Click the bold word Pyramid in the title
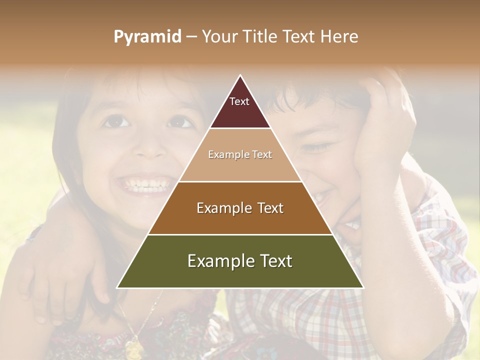(x=147, y=36)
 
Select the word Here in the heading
(x=339, y=36)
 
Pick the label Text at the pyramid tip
(x=239, y=101)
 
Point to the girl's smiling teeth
(x=146, y=185)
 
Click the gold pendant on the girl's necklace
(x=133, y=347)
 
